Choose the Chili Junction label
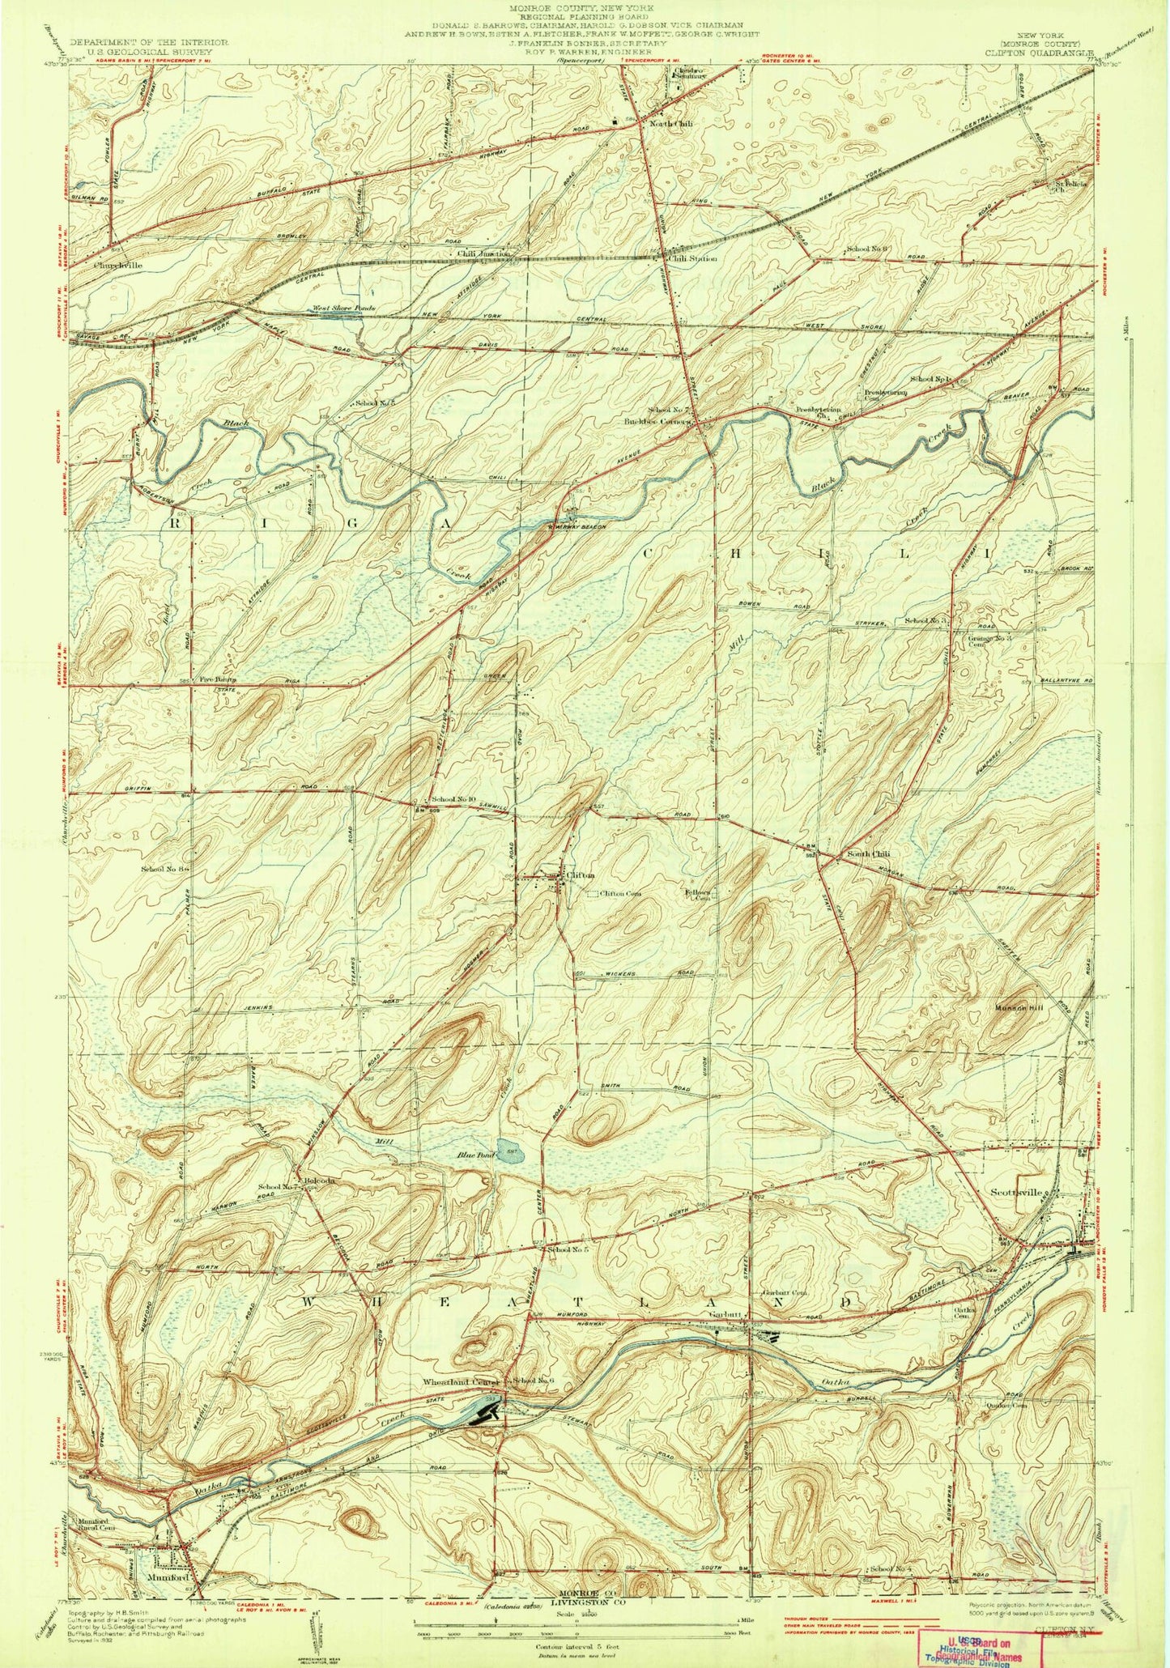click(x=483, y=253)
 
